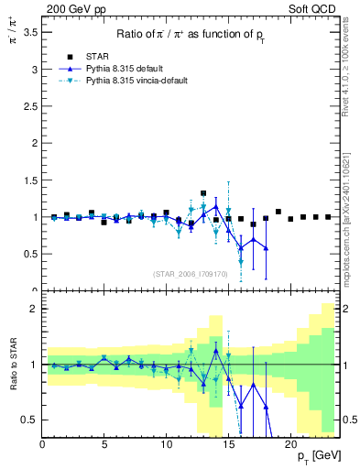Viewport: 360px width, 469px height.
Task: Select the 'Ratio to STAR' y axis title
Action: [13, 364]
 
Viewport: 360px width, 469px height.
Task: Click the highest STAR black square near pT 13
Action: [203, 193]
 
